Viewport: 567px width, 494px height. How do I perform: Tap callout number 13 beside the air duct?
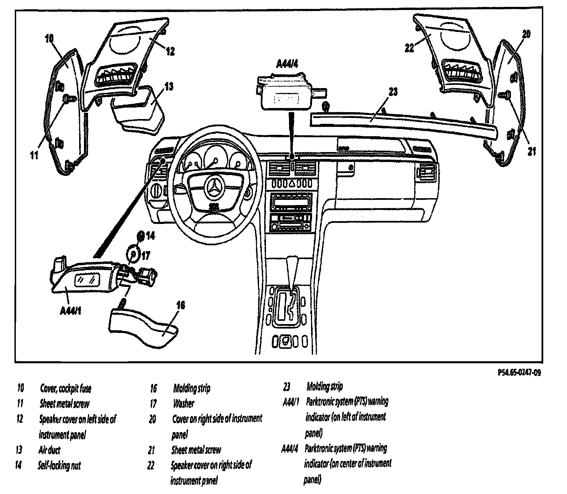click(169, 86)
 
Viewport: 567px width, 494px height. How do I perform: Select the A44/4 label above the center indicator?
click(287, 64)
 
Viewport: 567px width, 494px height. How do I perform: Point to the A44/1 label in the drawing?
click(71, 311)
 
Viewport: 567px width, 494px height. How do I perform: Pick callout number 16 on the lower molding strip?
click(181, 305)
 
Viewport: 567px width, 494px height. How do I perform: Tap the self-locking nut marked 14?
click(141, 236)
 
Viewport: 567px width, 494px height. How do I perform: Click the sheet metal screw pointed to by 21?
click(507, 93)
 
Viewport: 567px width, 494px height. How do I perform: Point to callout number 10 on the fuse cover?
click(50, 39)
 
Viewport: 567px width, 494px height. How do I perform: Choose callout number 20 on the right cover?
click(526, 34)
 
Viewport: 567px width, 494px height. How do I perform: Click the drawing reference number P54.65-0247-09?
click(519, 373)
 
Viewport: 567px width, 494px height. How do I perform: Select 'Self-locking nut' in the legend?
click(59, 466)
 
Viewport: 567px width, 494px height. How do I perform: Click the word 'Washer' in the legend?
click(183, 404)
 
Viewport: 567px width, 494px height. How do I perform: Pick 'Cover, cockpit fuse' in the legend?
click(66, 389)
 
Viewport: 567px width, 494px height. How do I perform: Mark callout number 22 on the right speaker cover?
click(409, 48)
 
